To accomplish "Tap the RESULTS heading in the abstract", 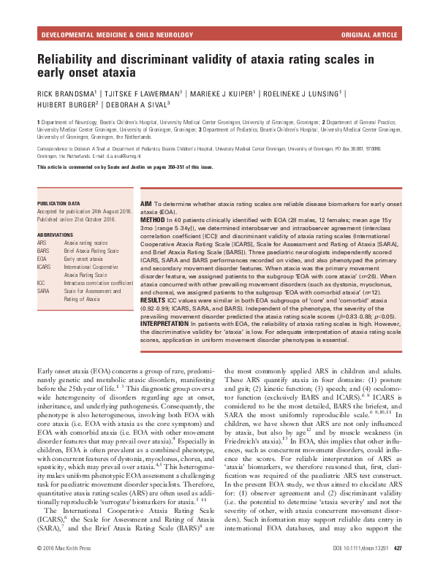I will point(155,297).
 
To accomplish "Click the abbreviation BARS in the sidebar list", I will point(44,251).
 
